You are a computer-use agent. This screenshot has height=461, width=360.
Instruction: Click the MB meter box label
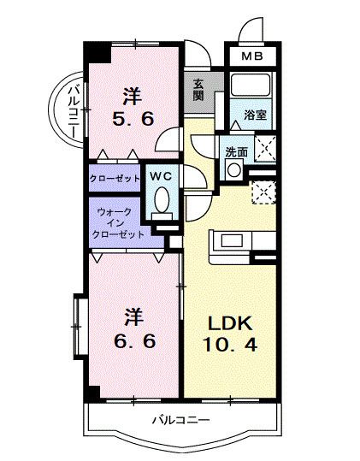click(x=252, y=56)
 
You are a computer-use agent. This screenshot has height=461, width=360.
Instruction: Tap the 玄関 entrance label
click(x=198, y=91)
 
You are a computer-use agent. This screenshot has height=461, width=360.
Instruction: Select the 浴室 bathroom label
click(x=255, y=115)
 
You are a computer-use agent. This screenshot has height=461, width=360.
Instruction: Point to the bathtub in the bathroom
click(x=251, y=85)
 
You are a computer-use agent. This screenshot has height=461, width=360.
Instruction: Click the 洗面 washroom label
click(x=237, y=152)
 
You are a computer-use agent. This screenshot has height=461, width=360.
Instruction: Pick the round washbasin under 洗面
click(x=234, y=170)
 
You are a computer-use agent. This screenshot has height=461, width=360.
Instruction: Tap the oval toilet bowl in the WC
click(x=162, y=200)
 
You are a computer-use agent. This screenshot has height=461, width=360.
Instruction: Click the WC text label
click(x=161, y=176)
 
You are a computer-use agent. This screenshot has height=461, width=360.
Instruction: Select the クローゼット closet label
click(x=115, y=178)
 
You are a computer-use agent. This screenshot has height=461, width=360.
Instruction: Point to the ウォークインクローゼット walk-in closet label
click(x=118, y=223)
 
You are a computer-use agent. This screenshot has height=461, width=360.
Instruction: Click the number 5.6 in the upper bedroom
click(x=133, y=120)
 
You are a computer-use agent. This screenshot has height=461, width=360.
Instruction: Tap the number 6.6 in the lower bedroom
click(x=134, y=341)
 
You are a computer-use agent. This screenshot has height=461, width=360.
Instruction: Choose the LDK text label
click(x=230, y=323)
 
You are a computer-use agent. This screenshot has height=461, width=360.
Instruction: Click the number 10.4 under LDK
click(x=230, y=345)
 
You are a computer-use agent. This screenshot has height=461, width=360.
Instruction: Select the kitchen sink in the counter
click(x=232, y=240)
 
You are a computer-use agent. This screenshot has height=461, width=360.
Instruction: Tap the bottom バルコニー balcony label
click(x=181, y=420)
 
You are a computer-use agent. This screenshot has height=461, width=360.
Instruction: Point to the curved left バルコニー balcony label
click(x=74, y=111)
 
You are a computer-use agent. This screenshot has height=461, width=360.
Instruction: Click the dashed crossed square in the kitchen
click(x=263, y=192)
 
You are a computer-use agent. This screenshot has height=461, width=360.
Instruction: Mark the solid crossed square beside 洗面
click(x=265, y=149)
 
